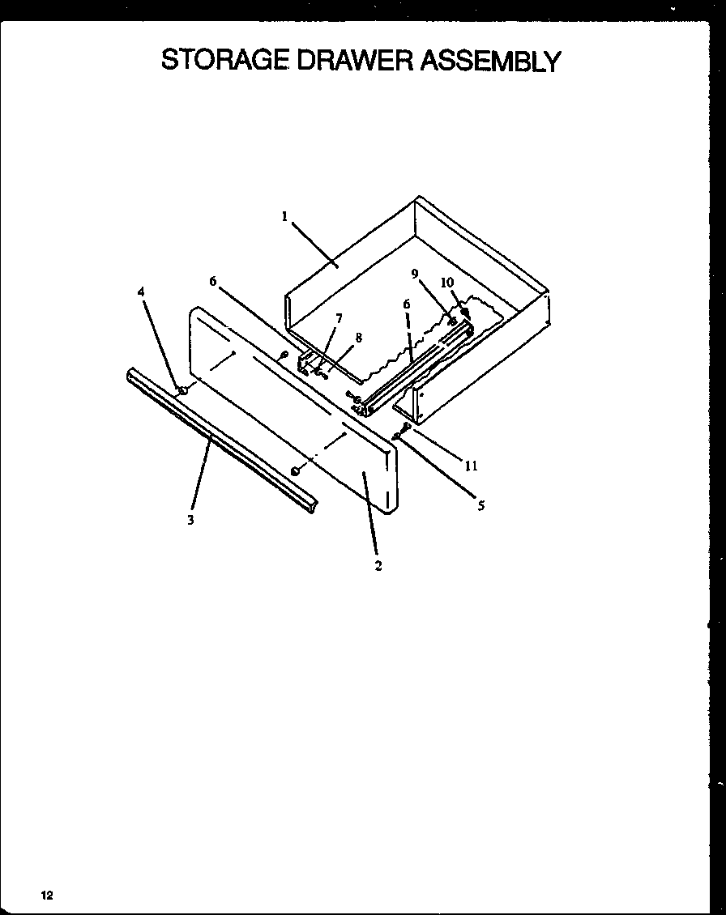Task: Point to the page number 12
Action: (x=47, y=895)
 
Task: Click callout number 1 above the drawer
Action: (x=285, y=216)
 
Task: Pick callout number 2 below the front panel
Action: (x=378, y=566)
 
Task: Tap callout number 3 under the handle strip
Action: (x=191, y=521)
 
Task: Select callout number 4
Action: (x=141, y=292)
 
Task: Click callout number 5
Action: (x=480, y=507)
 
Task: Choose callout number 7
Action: (x=339, y=318)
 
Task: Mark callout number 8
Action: (x=358, y=338)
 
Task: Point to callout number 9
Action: (x=415, y=274)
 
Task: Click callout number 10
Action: (x=446, y=282)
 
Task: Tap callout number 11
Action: (x=471, y=466)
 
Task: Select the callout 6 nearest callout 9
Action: (x=407, y=304)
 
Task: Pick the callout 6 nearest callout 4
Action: (x=213, y=281)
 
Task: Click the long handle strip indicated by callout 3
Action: (x=219, y=441)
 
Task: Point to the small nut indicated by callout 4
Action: (x=183, y=391)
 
